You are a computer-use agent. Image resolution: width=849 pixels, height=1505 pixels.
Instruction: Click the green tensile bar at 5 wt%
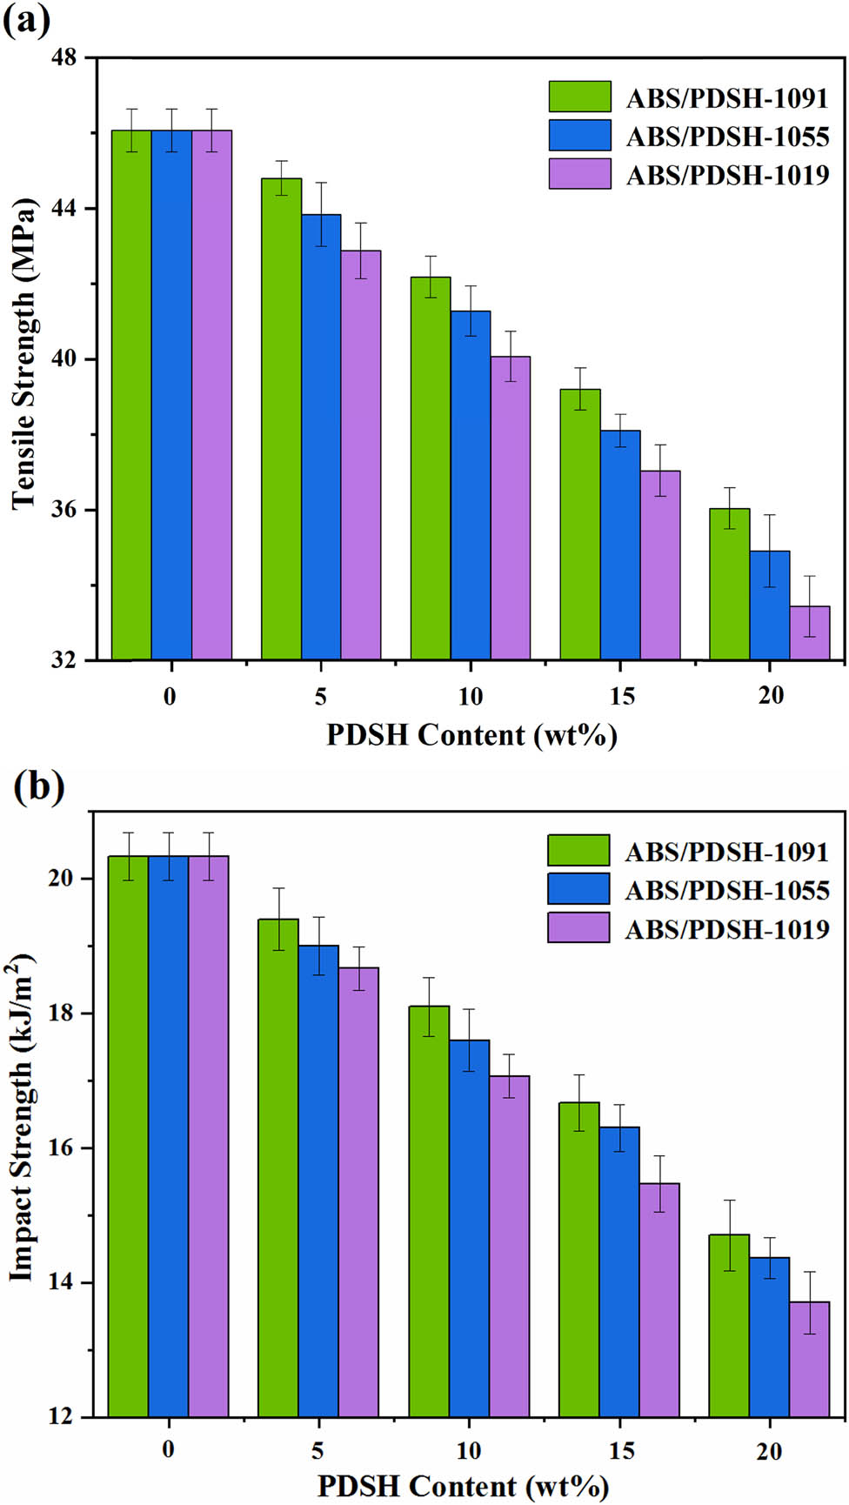tap(281, 418)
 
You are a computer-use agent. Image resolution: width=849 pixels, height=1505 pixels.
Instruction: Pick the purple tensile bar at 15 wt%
tap(660, 565)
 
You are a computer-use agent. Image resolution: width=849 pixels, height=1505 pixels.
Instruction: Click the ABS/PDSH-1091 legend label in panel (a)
tap(727, 98)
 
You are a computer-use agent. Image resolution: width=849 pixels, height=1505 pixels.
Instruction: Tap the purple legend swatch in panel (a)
tap(579, 174)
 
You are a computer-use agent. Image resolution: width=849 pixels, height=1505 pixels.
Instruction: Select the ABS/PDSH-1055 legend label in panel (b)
tap(727, 891)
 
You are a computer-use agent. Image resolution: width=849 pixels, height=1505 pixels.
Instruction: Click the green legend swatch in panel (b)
tap(578, 851)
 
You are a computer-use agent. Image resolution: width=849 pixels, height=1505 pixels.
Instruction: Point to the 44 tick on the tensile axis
tap(65, 209)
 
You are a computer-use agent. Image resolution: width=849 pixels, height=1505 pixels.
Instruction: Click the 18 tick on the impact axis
tap(62, 1013)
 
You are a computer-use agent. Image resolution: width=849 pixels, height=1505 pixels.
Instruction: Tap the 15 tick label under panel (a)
tap(621, 696)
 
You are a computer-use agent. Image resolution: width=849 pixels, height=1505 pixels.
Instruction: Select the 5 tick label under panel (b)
tap(318, 1450)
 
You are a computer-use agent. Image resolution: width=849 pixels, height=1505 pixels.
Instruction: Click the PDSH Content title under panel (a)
tap(471, 736)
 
